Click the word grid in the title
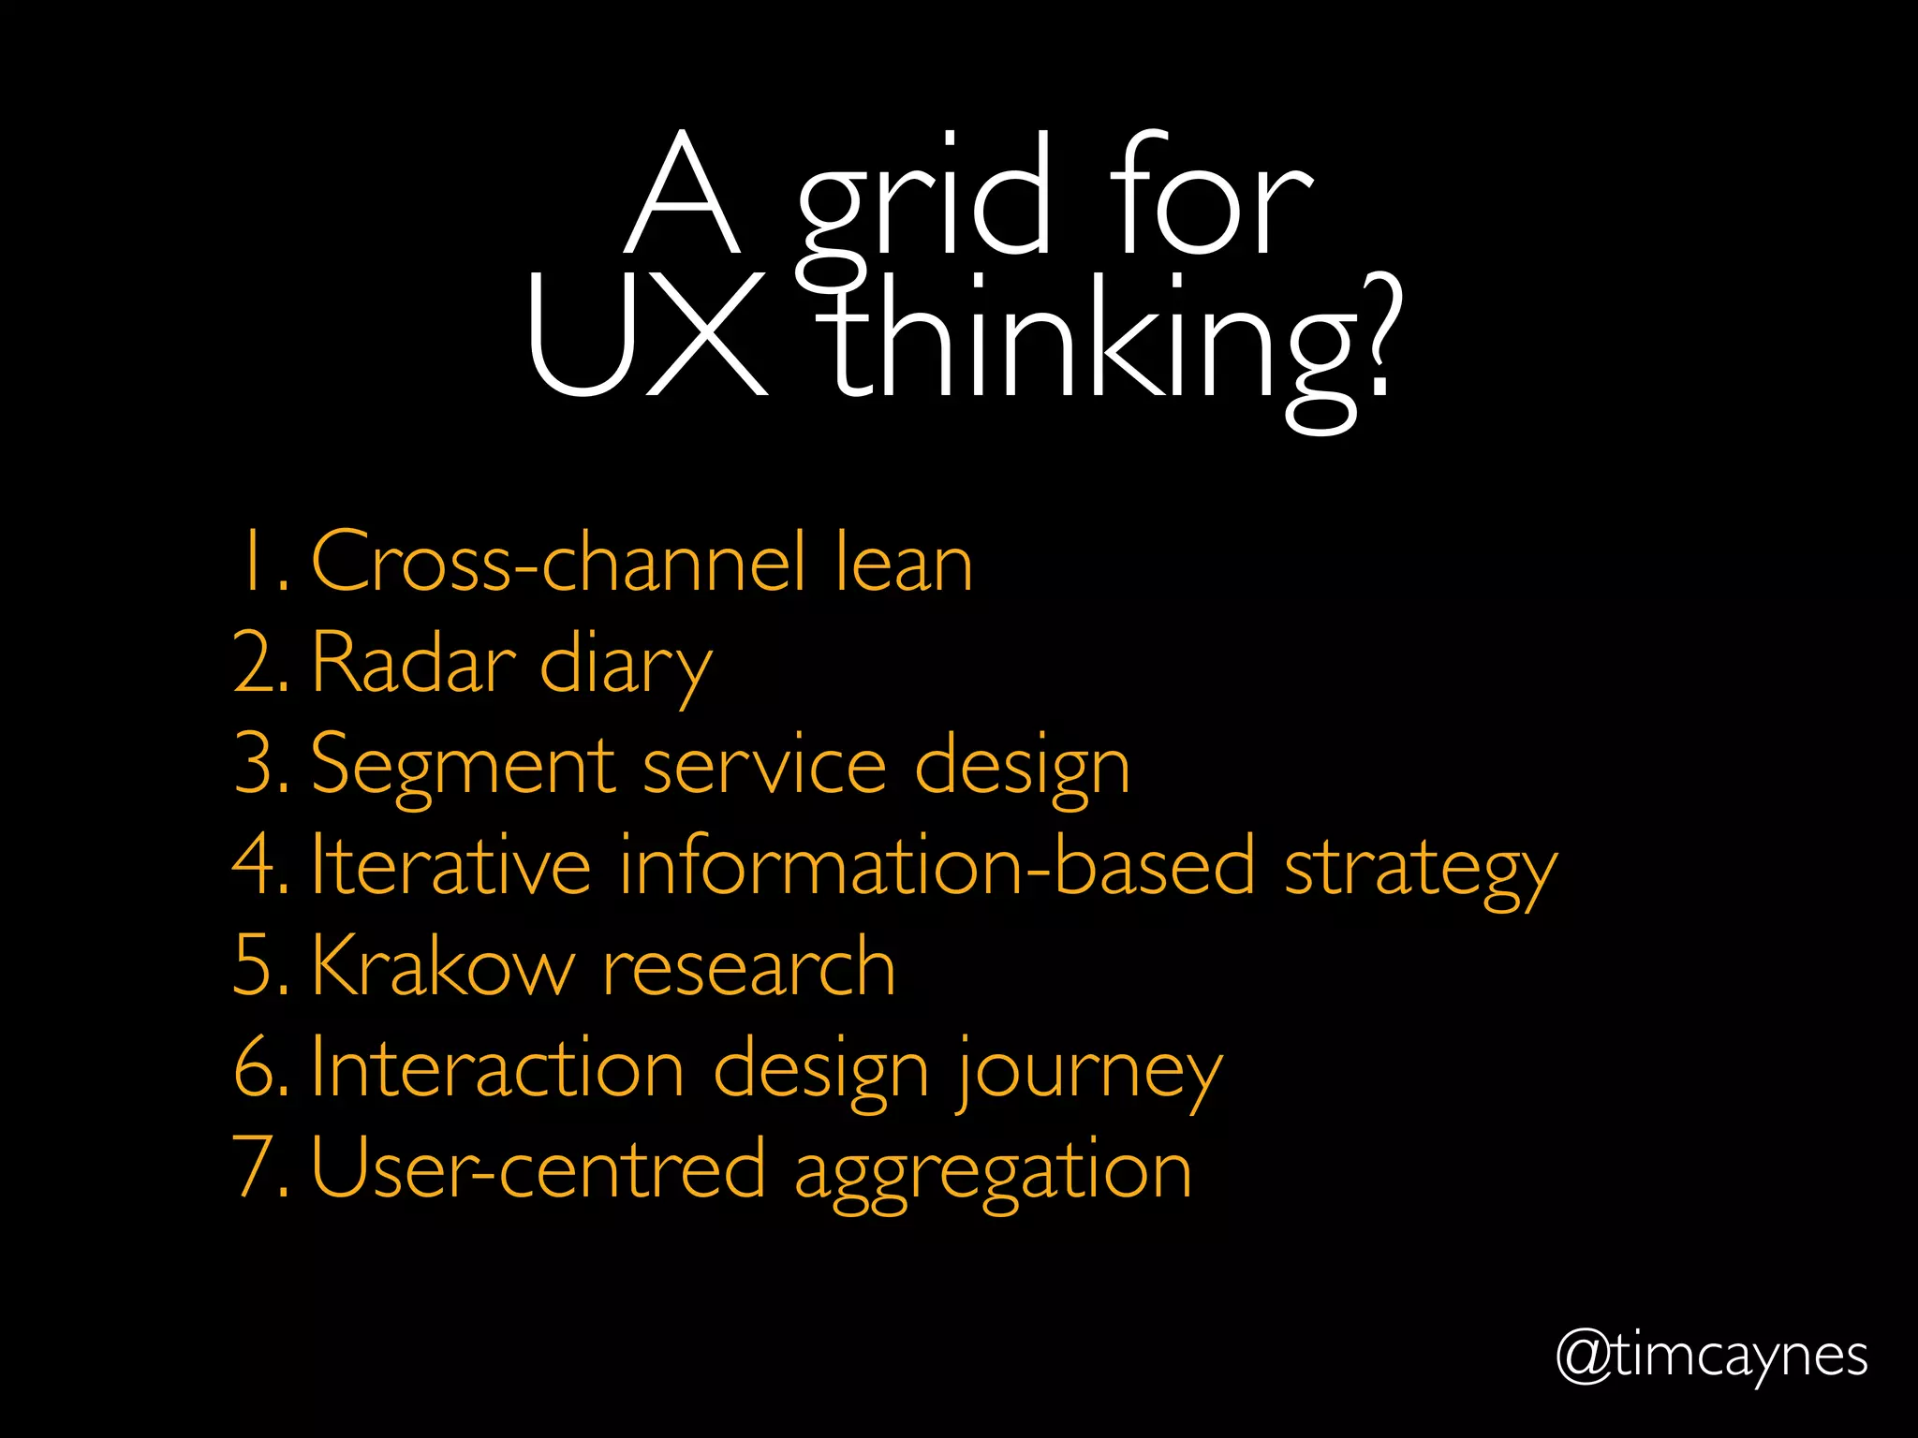coord(922,201)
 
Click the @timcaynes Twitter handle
coord(1711,1357)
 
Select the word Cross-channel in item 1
coord(558,562)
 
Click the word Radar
coord(413,663)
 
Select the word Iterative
coord(450,865)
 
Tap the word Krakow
coord(442,966)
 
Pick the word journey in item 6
coord(1089,1073)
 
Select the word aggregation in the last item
coord(993,1172)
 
